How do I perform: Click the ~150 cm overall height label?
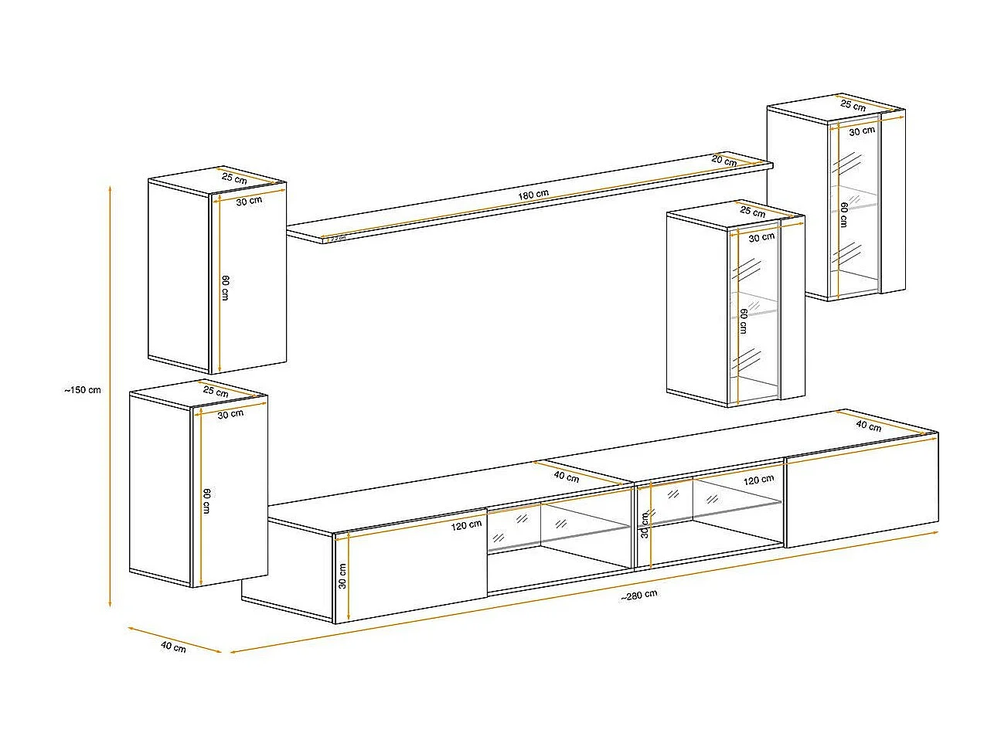point(83,390)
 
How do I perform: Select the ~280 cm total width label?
point(638,595)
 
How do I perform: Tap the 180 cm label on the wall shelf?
point(533,195)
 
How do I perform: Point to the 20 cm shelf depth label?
point(724,161)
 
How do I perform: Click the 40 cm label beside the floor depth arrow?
point(173,646)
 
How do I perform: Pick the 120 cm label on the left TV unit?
point(465,525)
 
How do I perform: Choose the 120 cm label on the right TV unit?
point(758,480)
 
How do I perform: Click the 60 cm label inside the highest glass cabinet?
point(843,215)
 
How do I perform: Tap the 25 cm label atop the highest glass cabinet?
point(853,105)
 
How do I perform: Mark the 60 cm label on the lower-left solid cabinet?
point(206,501)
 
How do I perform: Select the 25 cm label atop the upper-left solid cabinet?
point(234,178)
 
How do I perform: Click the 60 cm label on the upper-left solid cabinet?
point(225,287)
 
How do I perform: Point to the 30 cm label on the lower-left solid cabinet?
point(230,414)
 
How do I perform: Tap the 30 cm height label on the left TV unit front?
point(342,575)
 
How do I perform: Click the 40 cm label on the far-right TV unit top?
point(868,426)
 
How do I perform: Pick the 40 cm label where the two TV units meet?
point(566,477)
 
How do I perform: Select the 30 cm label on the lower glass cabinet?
point(761,237)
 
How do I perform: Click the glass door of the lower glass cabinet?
point(754,324)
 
